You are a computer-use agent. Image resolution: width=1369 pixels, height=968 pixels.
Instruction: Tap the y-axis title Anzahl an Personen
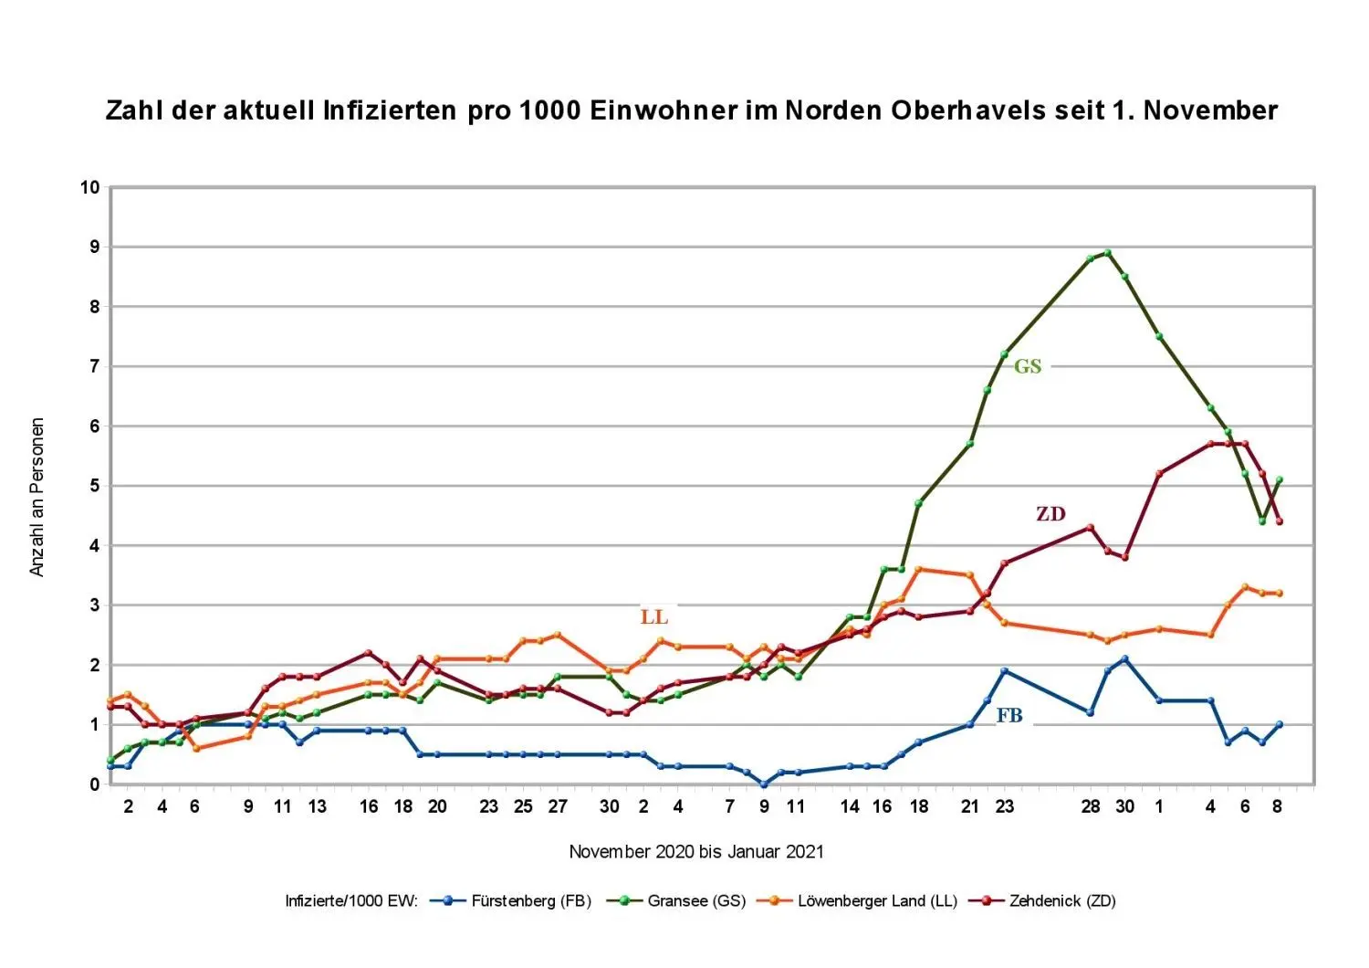pos(37,497)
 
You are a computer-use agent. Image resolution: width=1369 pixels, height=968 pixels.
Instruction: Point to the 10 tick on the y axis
pos(89,187)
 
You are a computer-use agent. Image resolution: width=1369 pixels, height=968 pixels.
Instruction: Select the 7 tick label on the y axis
pos(94,366)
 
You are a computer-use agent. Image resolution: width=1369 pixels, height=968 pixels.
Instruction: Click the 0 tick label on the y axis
pos(94,784)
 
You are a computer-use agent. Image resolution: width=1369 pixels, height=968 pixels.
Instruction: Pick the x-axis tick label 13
pos(317,806)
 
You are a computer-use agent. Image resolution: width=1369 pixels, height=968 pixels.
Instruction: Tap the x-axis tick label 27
pos(558,806)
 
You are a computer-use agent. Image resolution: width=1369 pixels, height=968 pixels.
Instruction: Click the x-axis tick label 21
pos(970,806)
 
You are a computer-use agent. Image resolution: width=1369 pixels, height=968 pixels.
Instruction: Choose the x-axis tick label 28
pos(1091,806)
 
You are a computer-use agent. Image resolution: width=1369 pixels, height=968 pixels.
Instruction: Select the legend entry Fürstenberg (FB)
pos(530,901)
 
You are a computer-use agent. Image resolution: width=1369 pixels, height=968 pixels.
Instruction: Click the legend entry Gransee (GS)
pos(695,901)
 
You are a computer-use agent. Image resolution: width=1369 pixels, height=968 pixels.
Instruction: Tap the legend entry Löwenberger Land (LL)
pos(877,901)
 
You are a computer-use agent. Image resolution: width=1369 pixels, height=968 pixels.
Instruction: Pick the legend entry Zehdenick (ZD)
pos(1061,901)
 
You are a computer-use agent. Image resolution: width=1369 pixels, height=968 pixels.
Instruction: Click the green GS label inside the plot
pos(1028,366)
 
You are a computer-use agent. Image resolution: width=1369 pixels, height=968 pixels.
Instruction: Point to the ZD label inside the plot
pos(1050,514)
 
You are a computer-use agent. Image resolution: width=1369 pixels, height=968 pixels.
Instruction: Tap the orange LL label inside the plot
pos(654,617)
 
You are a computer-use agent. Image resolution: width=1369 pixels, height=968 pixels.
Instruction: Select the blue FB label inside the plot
pos(1009,716)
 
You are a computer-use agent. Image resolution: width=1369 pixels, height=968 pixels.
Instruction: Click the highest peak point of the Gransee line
pos(1107,253)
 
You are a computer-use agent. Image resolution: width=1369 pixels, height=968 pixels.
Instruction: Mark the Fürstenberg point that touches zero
pos(764,784)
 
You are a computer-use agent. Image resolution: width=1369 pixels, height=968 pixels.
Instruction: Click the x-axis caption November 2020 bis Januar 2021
pos(695,852)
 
